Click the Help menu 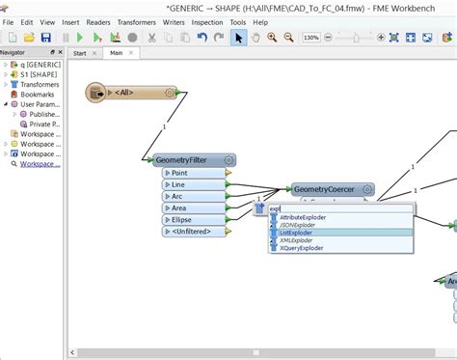[260, 21]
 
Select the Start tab [80, 53]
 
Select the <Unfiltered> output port [193, 232]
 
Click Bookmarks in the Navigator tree [38, 95]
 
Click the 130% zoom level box [312, 37]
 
